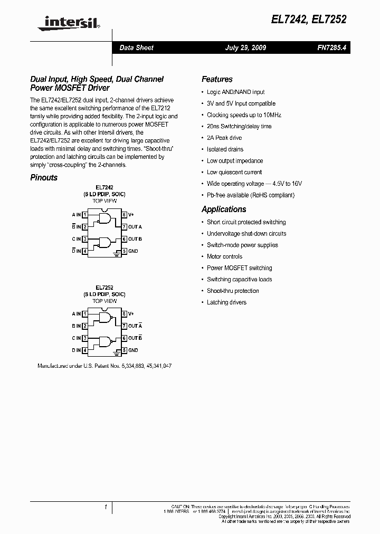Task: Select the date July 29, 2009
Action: pos(245,47)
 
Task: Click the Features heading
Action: pos(217,79)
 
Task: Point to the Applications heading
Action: pos(224,209)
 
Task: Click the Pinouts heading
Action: pos(44,177)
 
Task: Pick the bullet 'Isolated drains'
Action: pos(225,149)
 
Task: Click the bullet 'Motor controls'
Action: pos(224,256)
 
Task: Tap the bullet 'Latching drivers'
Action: pos(226,302)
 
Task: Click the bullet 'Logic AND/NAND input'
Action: pos(235,92)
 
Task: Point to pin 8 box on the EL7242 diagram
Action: pos(125,215)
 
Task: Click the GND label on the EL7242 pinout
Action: pos(133,251)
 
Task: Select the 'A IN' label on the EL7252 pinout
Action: pos(76,314)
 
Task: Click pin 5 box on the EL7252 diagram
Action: pos(125,350)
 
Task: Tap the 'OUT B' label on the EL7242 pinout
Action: pos(135,239)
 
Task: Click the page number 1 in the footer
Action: pos(106,507)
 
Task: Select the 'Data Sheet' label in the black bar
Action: pos(136,47)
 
